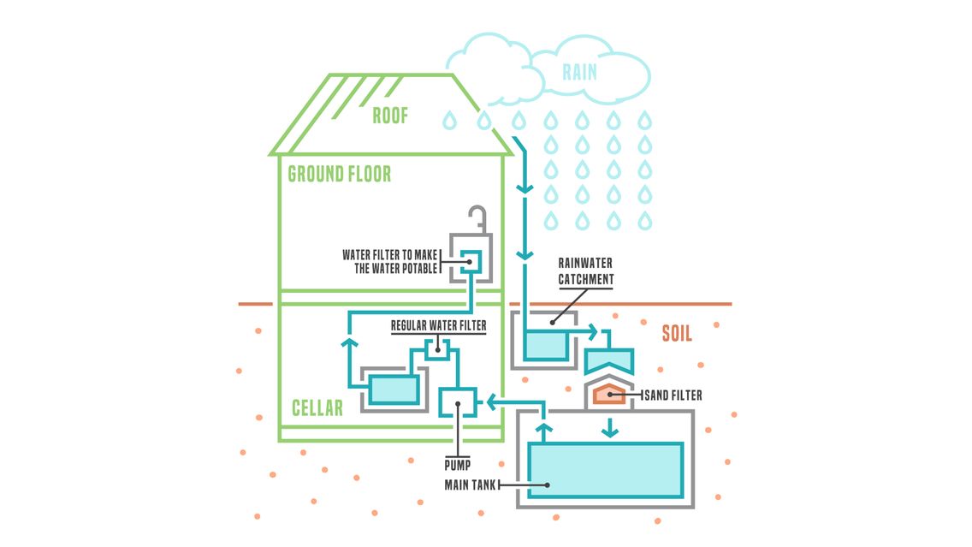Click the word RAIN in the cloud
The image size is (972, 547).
tap(579, 73)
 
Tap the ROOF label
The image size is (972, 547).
tap(390, 116)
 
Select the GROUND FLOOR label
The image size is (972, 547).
tap(339, 174)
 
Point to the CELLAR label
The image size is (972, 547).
tap(317, 408)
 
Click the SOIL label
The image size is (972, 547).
tap(676, 334)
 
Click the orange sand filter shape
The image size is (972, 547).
tap(609, 395)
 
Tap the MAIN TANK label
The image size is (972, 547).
tap(470, 485)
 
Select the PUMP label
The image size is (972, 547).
tap(458, 465)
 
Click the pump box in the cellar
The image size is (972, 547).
tap(458, 402)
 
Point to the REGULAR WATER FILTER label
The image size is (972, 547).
tap(438, 325)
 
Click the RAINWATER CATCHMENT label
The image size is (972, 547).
tap(586, 271)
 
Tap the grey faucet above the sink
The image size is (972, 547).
tap(477, 219)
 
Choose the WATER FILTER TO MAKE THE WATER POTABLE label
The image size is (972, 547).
tap(390, 262)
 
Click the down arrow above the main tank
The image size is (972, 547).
tap(610, 428)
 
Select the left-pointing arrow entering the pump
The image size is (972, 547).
tap(494, 402)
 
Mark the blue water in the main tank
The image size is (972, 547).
tap(605, 469)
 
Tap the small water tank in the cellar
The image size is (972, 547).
tap(393, 389)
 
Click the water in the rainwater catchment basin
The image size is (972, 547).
tap(546, 345)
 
